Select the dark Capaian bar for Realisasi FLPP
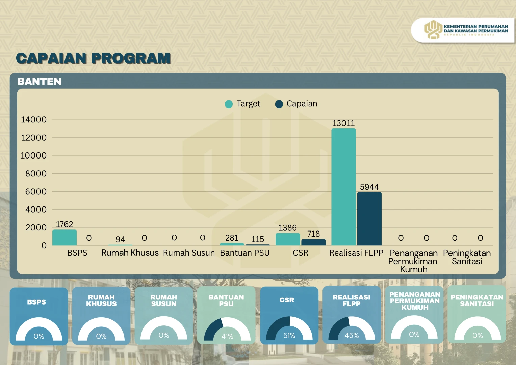[x=369, y=219]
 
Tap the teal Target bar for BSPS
[x=64, y=238]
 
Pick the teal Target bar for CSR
[x=288, y=239]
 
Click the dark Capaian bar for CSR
[x=313, y=242]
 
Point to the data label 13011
[x=343, y=123]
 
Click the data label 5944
[x=369, y=187]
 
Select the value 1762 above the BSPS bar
[x=64, y=224]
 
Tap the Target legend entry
[x=243, y=104]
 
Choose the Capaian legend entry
[x=296, y=104]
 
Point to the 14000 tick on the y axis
[x=34, y=120]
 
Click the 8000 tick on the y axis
[x=36, y=174]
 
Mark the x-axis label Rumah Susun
[x=189, y=253]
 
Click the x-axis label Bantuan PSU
[x=245, y=253]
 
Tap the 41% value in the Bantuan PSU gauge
[x=227, y=336]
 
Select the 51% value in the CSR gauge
[x=289, y=336]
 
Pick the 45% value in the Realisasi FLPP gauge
[x=352, y=336]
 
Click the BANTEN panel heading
[x=40, y=82]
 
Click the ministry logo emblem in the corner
[x=433, y=30]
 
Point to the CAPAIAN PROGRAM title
[x=94, y=58]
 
